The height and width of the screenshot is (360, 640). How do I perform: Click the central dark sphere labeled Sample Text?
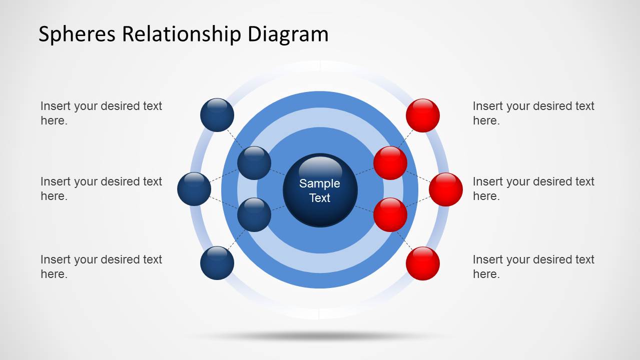[x=320, y=190]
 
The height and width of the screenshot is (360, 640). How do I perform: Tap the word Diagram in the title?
[x=288, y=34]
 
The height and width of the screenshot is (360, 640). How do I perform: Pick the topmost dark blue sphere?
[x=217, y=115]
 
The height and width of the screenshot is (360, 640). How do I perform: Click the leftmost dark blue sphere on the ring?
[x=194, y=189]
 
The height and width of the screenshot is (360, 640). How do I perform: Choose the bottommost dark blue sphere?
[x=217, y=262]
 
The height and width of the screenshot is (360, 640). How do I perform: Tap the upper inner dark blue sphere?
[x=254, y=163]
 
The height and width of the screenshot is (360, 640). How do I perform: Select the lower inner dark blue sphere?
[x=254, y=214]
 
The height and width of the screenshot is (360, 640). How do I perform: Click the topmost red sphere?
[x=423, y=115]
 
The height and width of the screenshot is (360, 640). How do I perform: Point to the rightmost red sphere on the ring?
[x=446, y=189]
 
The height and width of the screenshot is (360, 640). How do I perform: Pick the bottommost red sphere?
[x=423, y=263]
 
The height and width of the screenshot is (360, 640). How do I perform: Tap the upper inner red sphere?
[x=390, y=163]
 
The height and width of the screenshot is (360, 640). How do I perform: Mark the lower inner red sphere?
[x=390, y=214]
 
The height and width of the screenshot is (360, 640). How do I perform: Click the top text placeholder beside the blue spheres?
[x=101, y=113]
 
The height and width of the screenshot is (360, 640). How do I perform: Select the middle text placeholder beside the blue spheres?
[x=101, y=188]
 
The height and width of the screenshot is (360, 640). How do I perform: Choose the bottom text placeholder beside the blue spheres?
[x=101, y=266]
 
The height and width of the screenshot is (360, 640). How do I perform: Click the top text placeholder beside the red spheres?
[x=533, y=113]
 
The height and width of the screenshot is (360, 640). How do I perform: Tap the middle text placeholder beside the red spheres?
[x=533, y=188]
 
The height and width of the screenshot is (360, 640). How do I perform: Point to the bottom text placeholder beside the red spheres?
[x=533, y=266]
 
